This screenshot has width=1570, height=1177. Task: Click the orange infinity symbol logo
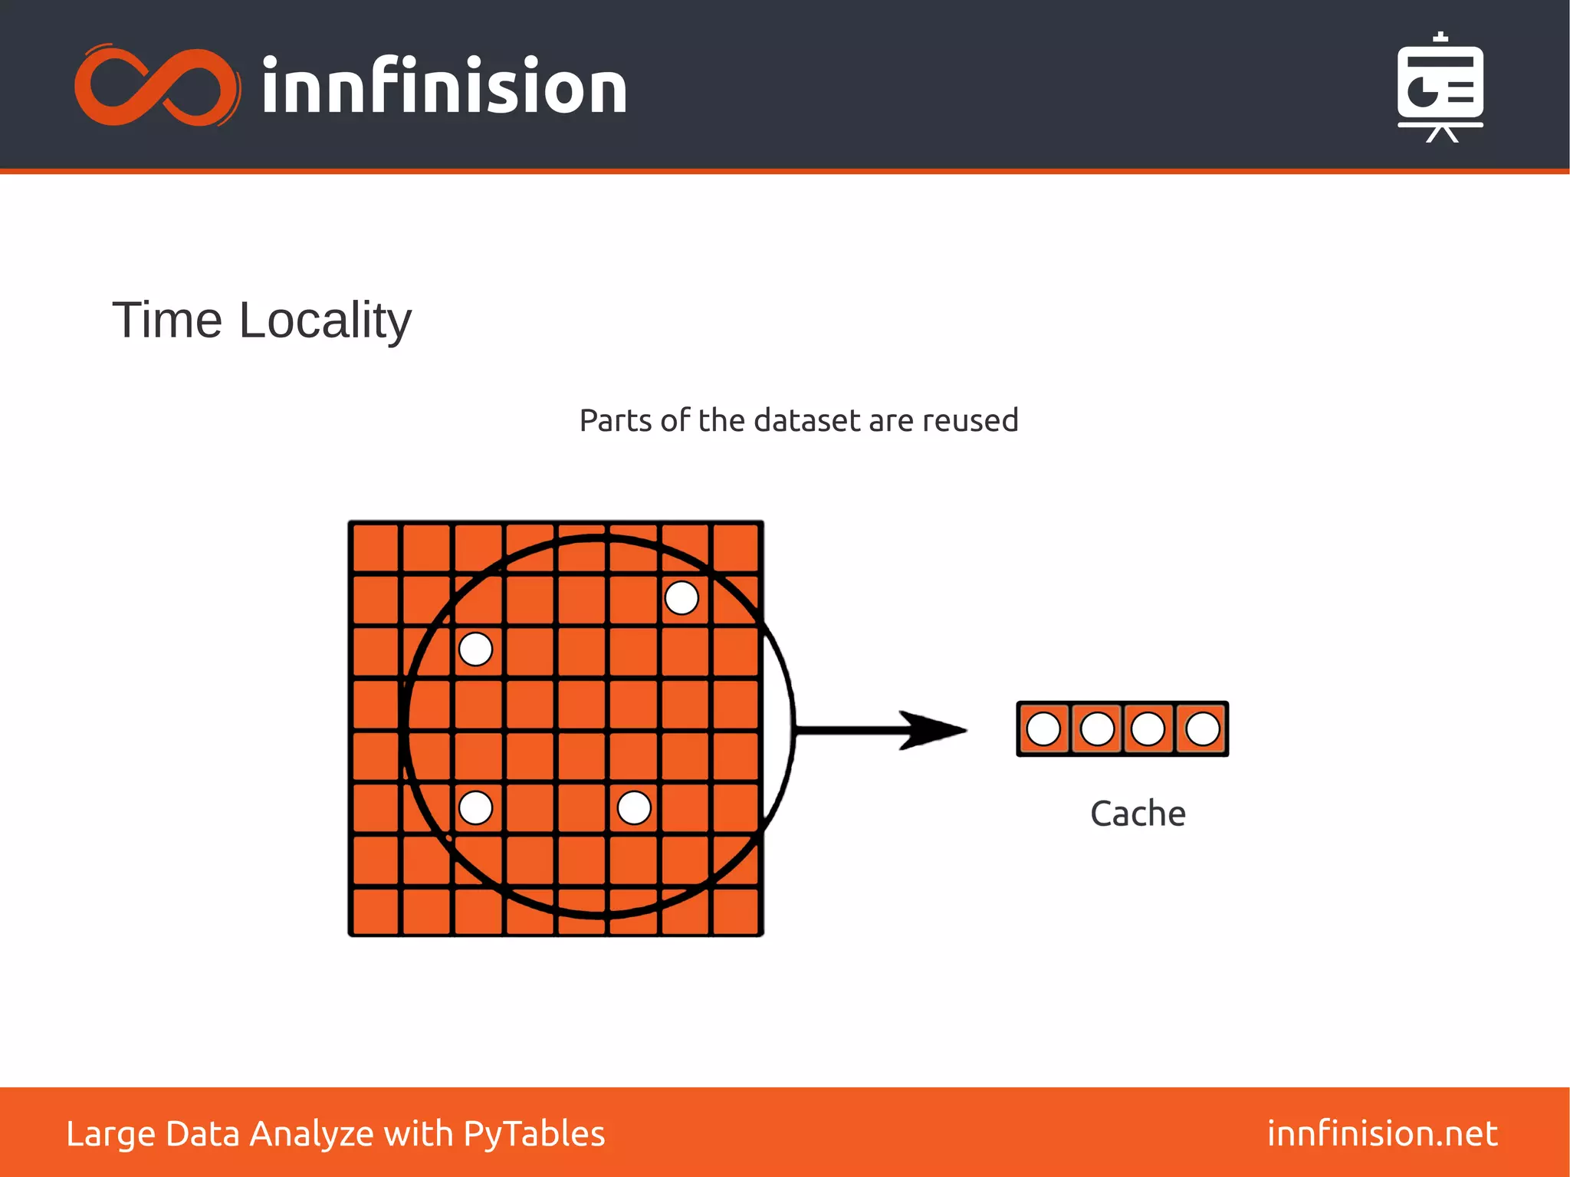pyautogui.click(x=157, y=86)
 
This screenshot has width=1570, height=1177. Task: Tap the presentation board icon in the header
pyautogui.click(x=1440, y=88)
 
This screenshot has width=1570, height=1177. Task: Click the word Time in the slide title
pyautogui.click(x=167, y=320)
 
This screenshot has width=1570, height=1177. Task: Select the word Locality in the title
pyautogui.click(x=325, y=321)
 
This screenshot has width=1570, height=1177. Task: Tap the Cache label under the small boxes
pyautogui.click(x=1138, y=814)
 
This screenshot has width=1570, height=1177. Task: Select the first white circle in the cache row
pyautogui.click(x=1043, y=729)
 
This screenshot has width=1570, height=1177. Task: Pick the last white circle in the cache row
pyautogui.click(x=1202, y=729)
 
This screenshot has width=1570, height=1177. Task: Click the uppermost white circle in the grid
pyautogui.click(x=682, y=597)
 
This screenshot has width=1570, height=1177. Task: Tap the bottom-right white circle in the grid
pyautogui.click(x=634, y=807)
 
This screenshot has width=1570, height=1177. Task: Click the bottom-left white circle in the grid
pyautogui.click(x=475, y=807)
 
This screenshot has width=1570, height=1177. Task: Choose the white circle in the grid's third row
pyautogui.click(x=475, y=649)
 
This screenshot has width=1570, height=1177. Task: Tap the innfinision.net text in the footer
pyautogui.click(x=1382, y=1133)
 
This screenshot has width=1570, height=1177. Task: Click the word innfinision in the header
pyautogui.click(x=444, y=87)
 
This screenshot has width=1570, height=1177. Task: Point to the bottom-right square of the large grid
pyautogui.click(x=735, y=910)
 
